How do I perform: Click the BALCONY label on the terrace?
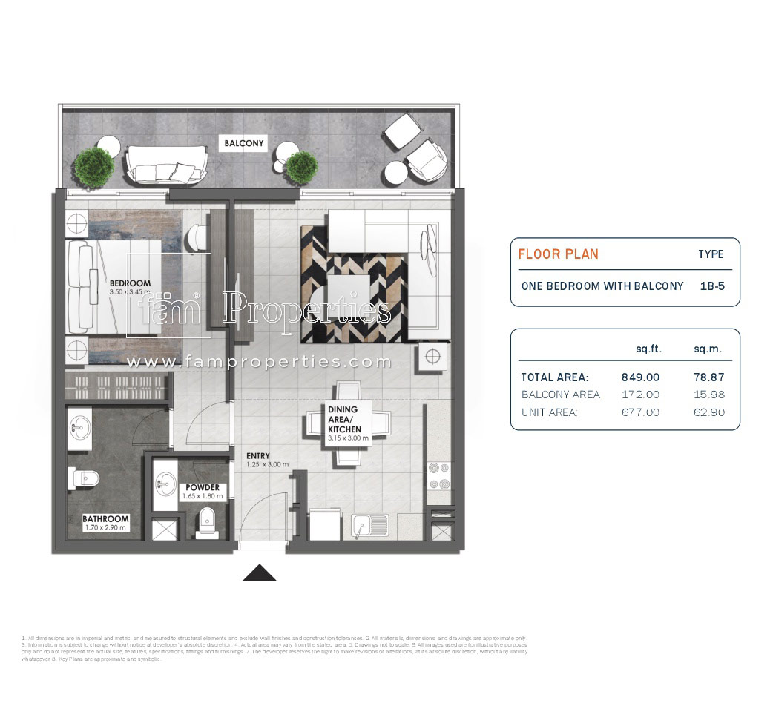coord(244,144)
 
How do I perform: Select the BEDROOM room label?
coord(130,283)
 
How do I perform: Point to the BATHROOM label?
coord(105,519)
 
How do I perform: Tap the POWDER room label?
coord(202,487)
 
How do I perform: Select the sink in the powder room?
coord(165,485)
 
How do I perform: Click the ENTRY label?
coord(258,455)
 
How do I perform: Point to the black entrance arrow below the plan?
coord(260,573)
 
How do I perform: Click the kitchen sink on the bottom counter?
coord(369,525)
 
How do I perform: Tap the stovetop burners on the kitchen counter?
coord(439,476)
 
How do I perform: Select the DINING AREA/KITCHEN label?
coord(344,419)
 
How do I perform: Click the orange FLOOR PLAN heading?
coord(558,254)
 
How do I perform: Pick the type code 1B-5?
coord(713,286)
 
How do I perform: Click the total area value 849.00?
coord(640,377)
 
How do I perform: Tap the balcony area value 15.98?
coord(707,395)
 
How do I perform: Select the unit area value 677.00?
coord(640,412)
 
